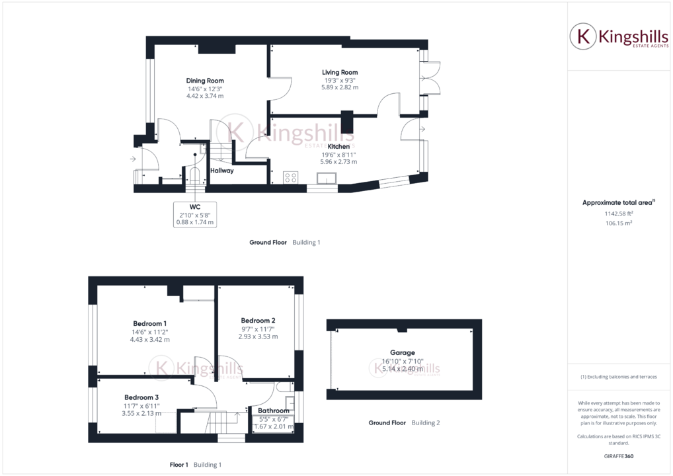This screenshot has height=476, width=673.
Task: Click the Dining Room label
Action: [205, 81]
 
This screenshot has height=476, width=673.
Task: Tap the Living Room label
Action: [340, 72]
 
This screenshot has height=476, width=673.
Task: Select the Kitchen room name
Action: [338, 146]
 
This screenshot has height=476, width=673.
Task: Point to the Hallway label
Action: [221, 171]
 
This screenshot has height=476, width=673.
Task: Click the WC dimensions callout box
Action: [194, 215]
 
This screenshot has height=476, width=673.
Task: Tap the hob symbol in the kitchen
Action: [291, 177]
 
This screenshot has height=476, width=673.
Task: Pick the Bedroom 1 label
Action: [149, 323]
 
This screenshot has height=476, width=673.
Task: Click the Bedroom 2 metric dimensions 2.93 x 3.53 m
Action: [258, 337]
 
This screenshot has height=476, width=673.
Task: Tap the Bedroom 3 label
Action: [141, 397]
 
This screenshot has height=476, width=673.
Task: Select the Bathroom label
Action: [273, 411]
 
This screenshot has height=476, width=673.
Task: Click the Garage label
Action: [403, 353]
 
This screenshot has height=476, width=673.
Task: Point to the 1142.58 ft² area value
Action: [619, 214]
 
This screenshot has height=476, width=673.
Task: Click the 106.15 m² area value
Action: [619, 223]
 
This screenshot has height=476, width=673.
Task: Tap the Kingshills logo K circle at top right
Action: [583, 36]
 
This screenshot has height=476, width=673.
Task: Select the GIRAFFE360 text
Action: [619, 456]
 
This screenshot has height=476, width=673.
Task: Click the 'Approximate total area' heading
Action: [617, 202]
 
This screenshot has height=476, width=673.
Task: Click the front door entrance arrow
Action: [134, 159]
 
